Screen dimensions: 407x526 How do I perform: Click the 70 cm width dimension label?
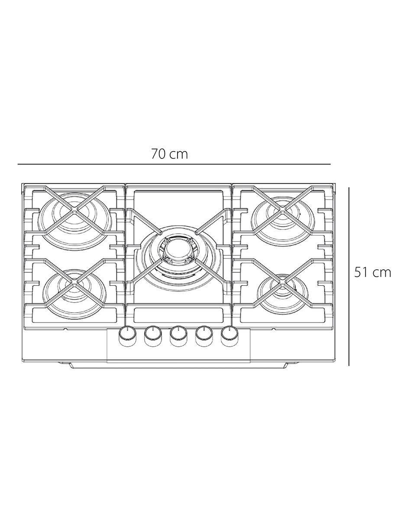[x=169, y=154]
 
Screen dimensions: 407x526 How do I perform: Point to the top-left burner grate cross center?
[x=74, y=210]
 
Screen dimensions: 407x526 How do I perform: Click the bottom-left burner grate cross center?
[x=74, y=283]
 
